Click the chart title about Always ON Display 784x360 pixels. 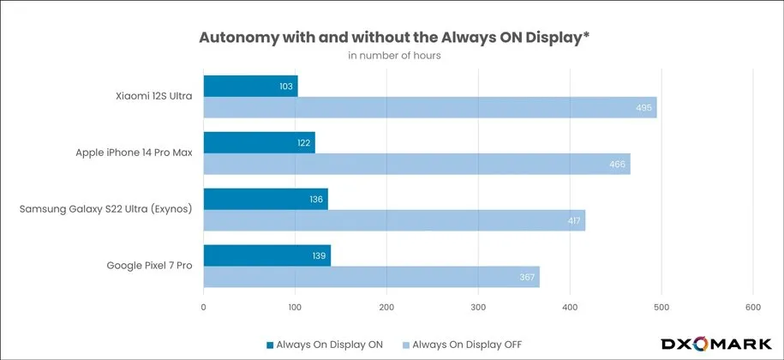pyautogui.click(x=394, y=37)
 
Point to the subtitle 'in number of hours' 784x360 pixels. pyautogui.click(x=394, y=57)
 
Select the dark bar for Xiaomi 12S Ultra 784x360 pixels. pyautogui.click(x=250, y=86)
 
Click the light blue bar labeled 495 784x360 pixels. pyautogui.click(x=429, y=108)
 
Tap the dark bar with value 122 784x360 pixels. pyautogui.click(x=259, y=142)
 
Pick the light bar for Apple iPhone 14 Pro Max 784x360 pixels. pyautogui.click(x=416, y=164)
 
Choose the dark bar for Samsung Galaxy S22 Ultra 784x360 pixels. pyautogui.click(x=266, y=199)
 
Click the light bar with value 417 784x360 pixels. pyautogui.click(x=394, y=220)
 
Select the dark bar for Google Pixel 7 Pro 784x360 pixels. pyautogui.click(x=266, y=255)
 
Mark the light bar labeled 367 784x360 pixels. pyautogui.click(x=371, y=277)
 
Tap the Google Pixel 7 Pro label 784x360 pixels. pyautogui.click(x=151, y=266)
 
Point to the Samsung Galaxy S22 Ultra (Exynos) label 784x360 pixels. pyautogui.click(x=106, y=210)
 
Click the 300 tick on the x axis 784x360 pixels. pyautogui.click(x=478, y=307)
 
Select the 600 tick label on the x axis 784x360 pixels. pyautogui.click(x=753, y=307)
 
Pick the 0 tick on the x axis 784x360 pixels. pyautogui.click(x=204, y=307)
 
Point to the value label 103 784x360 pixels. pyautogui.click(x=286, y=86)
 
